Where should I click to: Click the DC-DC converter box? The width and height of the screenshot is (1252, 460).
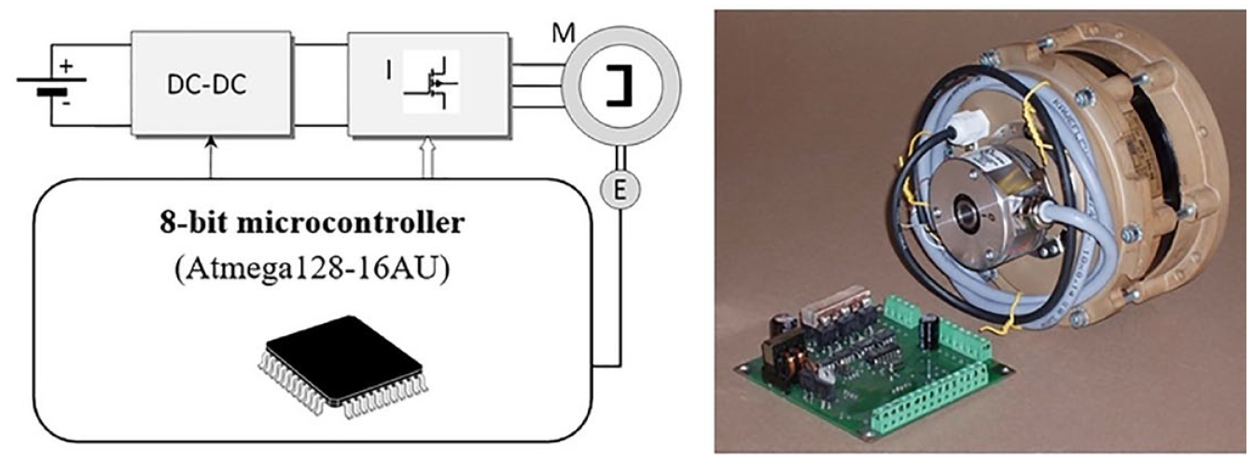click(x=211, y=83)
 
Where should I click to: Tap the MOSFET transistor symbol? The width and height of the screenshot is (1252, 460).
click(x=431, y=82)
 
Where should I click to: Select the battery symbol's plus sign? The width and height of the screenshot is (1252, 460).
click(x=66, y=66)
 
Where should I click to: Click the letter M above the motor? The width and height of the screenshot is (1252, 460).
click(x=563, y=34)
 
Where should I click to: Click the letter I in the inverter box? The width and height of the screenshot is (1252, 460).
click(x=388, y=72)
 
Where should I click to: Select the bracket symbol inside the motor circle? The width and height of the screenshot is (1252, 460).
click(x=619, y=84)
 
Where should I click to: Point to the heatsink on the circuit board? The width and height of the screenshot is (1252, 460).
click(x=834, y=303)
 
